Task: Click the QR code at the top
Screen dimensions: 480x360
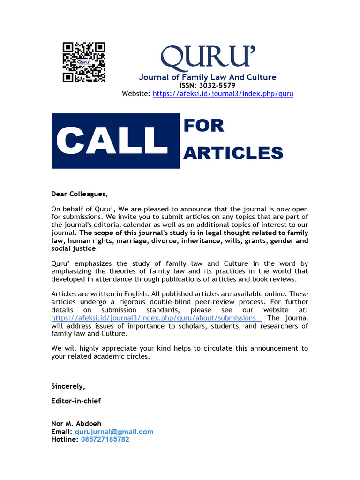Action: point(84,62)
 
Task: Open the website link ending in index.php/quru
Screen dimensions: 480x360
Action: point(223,93)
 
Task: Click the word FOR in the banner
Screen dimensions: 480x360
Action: point(204,126)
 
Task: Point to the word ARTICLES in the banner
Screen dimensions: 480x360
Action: point(233,153)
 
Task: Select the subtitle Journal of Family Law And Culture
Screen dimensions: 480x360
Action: point(207,77)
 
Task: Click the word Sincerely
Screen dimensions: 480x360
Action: point(68,386)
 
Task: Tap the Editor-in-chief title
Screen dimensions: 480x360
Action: point(76,401)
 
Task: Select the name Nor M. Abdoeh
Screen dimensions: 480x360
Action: point(76,424)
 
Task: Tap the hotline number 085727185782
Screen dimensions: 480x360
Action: point(105,440)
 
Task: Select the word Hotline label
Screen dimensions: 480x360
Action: point(64,440)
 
